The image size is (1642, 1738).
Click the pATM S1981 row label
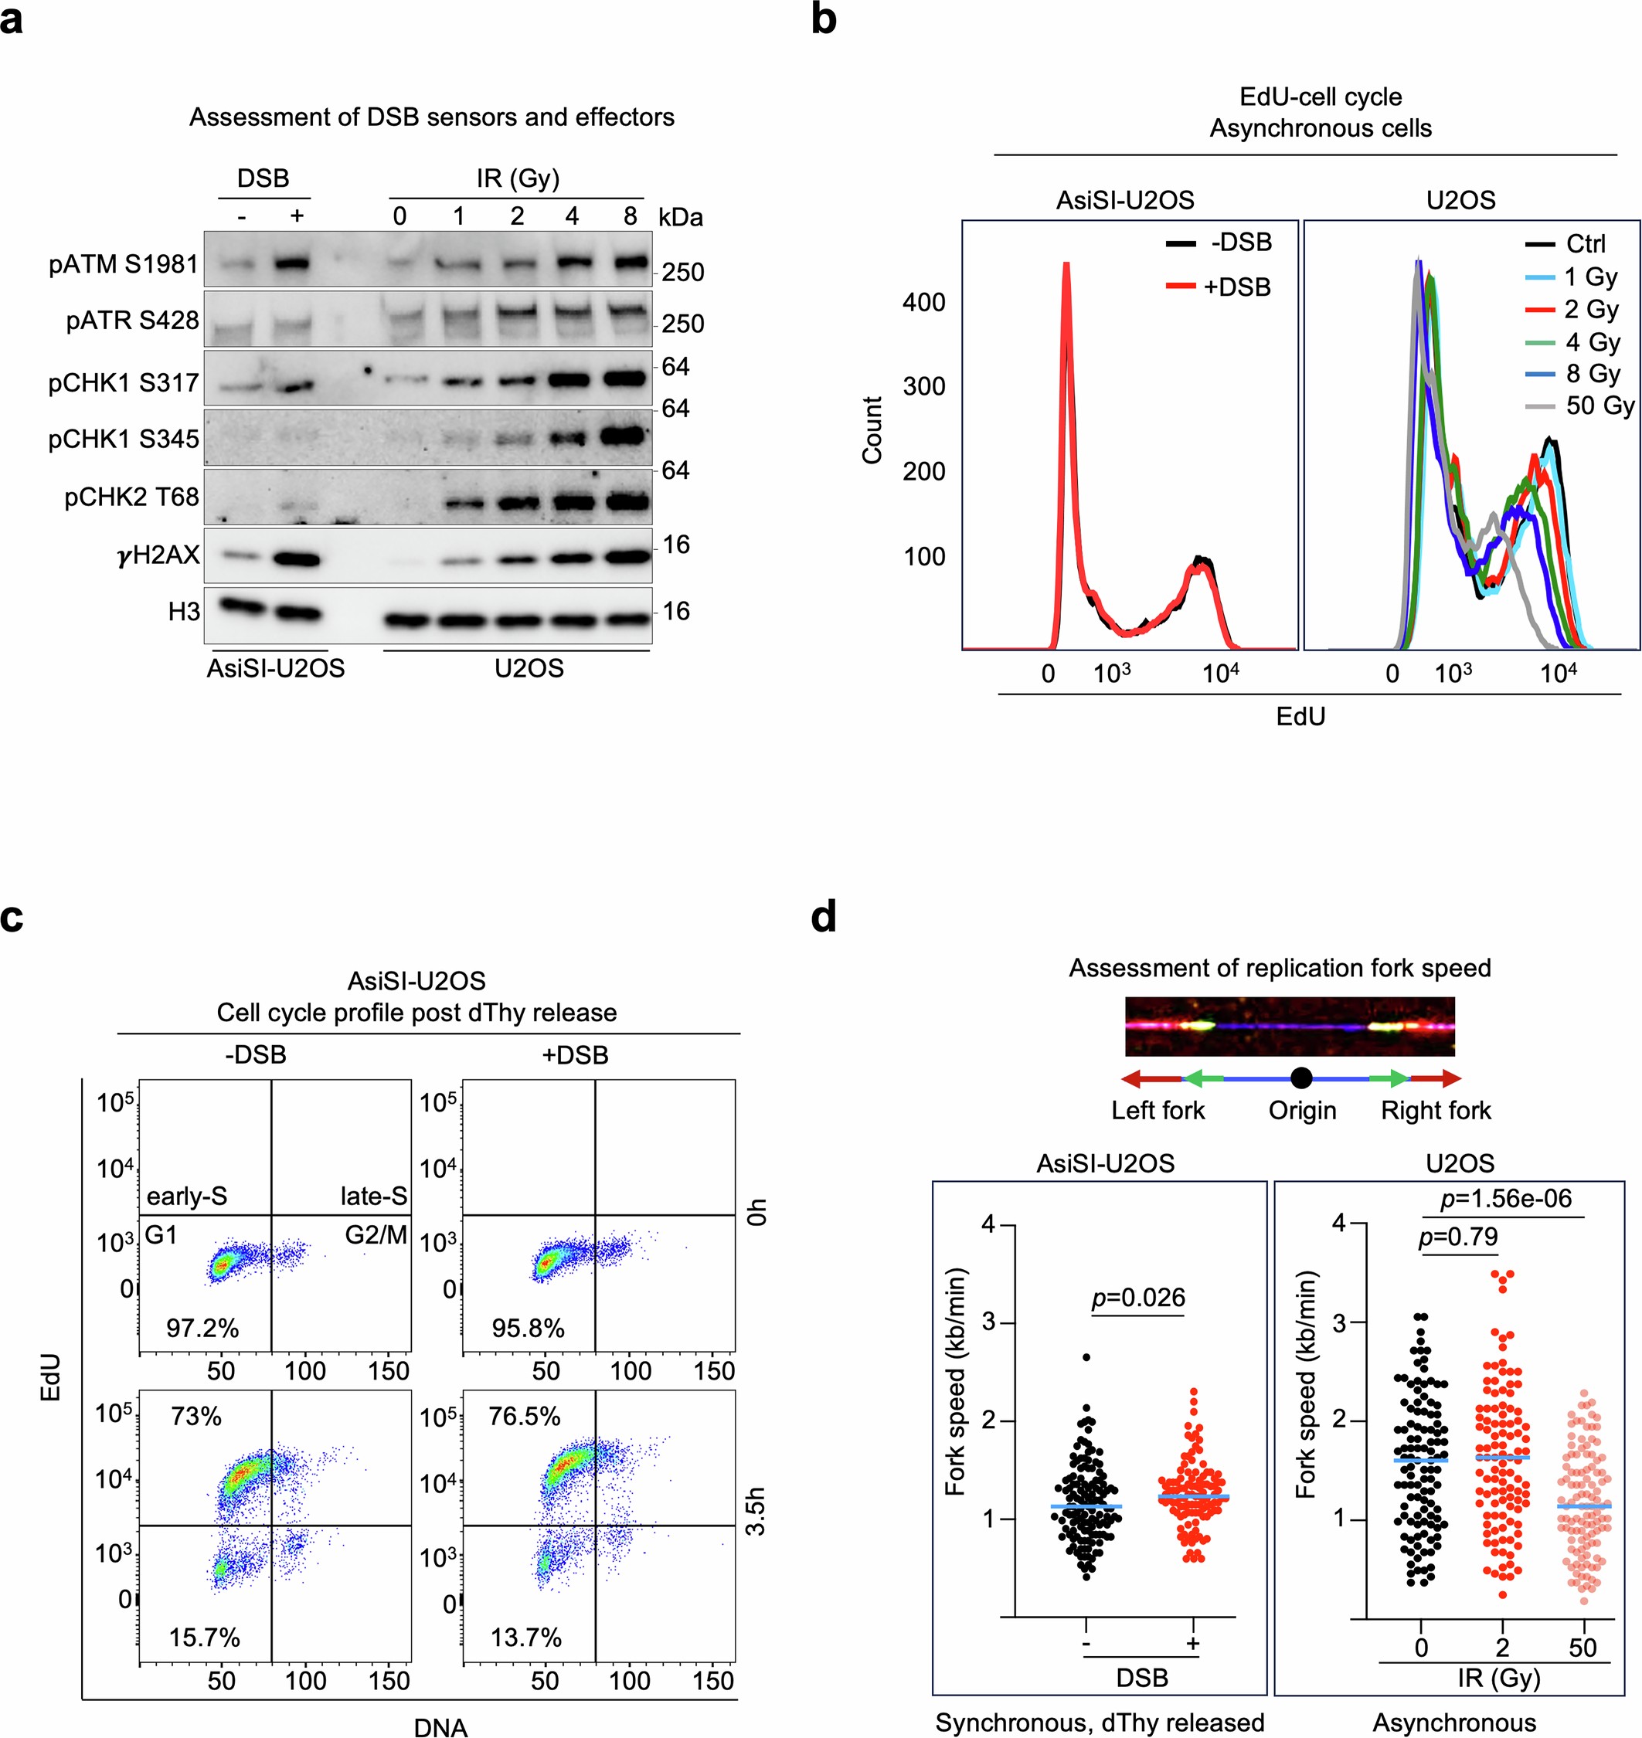click(x=124, y=264)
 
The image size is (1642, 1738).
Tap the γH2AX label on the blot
click(x=158, y=555)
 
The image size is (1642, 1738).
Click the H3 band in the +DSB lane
click(x=297, y=613)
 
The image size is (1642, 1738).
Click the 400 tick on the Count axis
click(x=923, y=303)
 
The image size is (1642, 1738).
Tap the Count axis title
click(x=872, y=429)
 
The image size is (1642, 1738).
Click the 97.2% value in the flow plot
click(x=202, y=1329)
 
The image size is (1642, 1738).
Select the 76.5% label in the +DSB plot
click(x=525, y=1417)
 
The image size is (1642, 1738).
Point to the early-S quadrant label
click(x=186, y=1197)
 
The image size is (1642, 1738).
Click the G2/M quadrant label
click(x=376, y=1235)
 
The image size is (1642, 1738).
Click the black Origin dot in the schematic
click(x=1300, y=1078)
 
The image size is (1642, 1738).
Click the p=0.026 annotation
click(x=1138, y=1297)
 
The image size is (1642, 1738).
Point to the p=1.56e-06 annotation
click(x=1505, y=1198)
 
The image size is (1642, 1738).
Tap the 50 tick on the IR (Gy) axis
click(x=1583, y=1648)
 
